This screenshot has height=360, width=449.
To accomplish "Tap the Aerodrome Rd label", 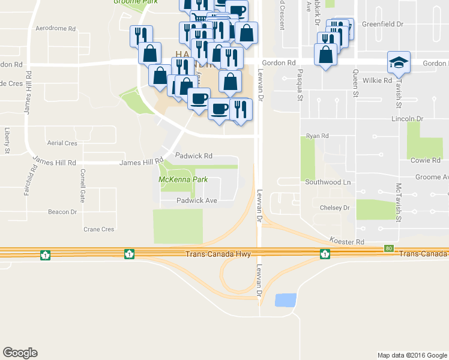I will coord(56,28).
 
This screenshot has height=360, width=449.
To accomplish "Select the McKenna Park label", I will coord(183,179).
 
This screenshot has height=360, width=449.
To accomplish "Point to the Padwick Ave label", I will coord(196,200).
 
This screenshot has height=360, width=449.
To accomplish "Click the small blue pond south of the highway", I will coord(285,300).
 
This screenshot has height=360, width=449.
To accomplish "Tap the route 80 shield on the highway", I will coord(389,248).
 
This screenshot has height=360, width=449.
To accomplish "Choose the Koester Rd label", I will coord(347,241).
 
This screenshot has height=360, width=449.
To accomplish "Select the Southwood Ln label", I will coord(327,182).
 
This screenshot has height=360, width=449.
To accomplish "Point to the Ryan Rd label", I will coord(318,136).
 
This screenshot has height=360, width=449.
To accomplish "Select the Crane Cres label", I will coord(98,229).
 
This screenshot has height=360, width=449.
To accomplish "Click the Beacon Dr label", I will coord(62,212).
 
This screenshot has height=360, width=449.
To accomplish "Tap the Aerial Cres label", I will coord(62,143).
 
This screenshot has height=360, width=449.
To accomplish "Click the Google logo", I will coord(20,353).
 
